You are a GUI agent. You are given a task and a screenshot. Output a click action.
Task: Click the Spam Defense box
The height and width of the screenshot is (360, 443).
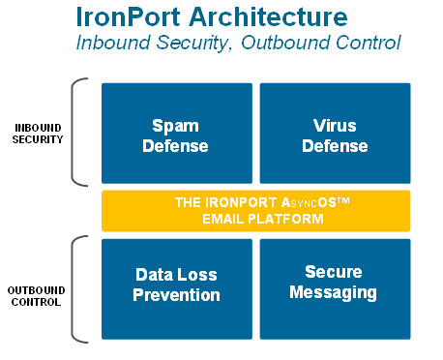[x=177, y=134]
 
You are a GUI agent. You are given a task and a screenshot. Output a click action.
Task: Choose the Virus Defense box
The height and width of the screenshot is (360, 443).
[x=335, y=134]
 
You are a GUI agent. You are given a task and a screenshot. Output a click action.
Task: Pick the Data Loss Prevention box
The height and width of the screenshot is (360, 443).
[x=177, y=288]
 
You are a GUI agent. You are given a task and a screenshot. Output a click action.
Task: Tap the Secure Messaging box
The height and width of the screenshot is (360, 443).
[x=335, y=288]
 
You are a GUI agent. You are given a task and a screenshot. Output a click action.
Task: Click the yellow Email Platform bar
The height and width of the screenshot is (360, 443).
[x=255, y=211]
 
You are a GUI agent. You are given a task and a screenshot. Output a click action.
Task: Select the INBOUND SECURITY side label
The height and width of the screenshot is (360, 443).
[x=39, y=133]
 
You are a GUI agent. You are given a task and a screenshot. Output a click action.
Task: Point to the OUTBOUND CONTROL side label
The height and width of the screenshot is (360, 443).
[x=39, y=294]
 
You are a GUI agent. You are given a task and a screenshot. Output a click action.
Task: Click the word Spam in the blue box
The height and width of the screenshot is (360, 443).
[x=176, y=125]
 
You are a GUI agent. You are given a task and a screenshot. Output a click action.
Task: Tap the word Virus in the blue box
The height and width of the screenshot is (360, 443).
[x=335, y=125]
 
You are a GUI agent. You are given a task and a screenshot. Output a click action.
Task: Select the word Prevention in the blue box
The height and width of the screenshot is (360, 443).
[x=177, y=296]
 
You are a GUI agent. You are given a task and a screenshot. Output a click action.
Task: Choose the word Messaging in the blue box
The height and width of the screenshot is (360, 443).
[x=335, y=291]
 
